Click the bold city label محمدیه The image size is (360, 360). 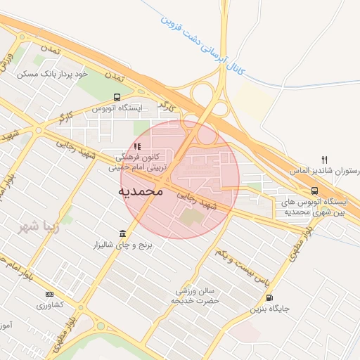(141, 191)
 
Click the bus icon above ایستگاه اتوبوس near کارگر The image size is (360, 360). (116, 98)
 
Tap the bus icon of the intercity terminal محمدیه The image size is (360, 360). (314, 191)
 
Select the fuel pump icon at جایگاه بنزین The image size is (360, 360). (270, 297)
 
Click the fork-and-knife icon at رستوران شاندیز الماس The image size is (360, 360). (324, 160)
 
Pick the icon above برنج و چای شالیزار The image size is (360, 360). (123, 233)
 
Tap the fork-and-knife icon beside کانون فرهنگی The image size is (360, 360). (138, 146)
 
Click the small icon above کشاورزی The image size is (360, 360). (49, 294)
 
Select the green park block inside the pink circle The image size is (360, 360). (190, 217)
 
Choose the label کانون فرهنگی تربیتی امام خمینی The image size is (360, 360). (137, 162)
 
